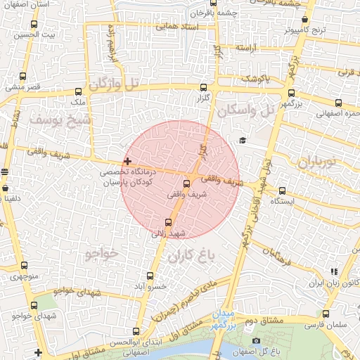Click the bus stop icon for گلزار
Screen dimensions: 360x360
click(204, 88)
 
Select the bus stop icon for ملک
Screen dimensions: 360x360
click(78, 91)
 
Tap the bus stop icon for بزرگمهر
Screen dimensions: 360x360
click(290, 93)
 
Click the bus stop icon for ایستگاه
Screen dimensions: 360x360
click(282, 191)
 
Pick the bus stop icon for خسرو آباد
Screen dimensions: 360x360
click(150, 276)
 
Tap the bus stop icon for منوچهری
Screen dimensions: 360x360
click(24, 266)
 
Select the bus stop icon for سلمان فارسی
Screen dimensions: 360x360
click(326, 314)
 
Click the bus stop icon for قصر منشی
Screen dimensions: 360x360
click(24, 76)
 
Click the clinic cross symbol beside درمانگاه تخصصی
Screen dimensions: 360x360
click(127, 162)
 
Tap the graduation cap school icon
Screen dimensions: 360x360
click(243, 141)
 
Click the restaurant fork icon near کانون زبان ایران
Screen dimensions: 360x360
click(334, 271)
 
